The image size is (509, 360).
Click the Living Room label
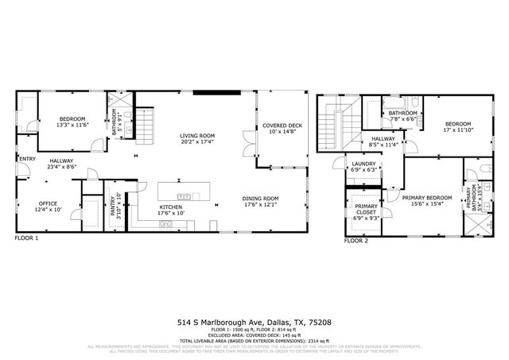pyautogui.click(x=196, y=136)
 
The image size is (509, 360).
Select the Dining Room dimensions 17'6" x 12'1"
pyautogui.click(x=260, y=204)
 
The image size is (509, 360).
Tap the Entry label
pyautogui.click(x=27, y=158)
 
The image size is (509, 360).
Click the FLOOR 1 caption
pyautogui.click(x=28, y=238)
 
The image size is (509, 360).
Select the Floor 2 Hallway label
pyautogui.click(x=384, y=139)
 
